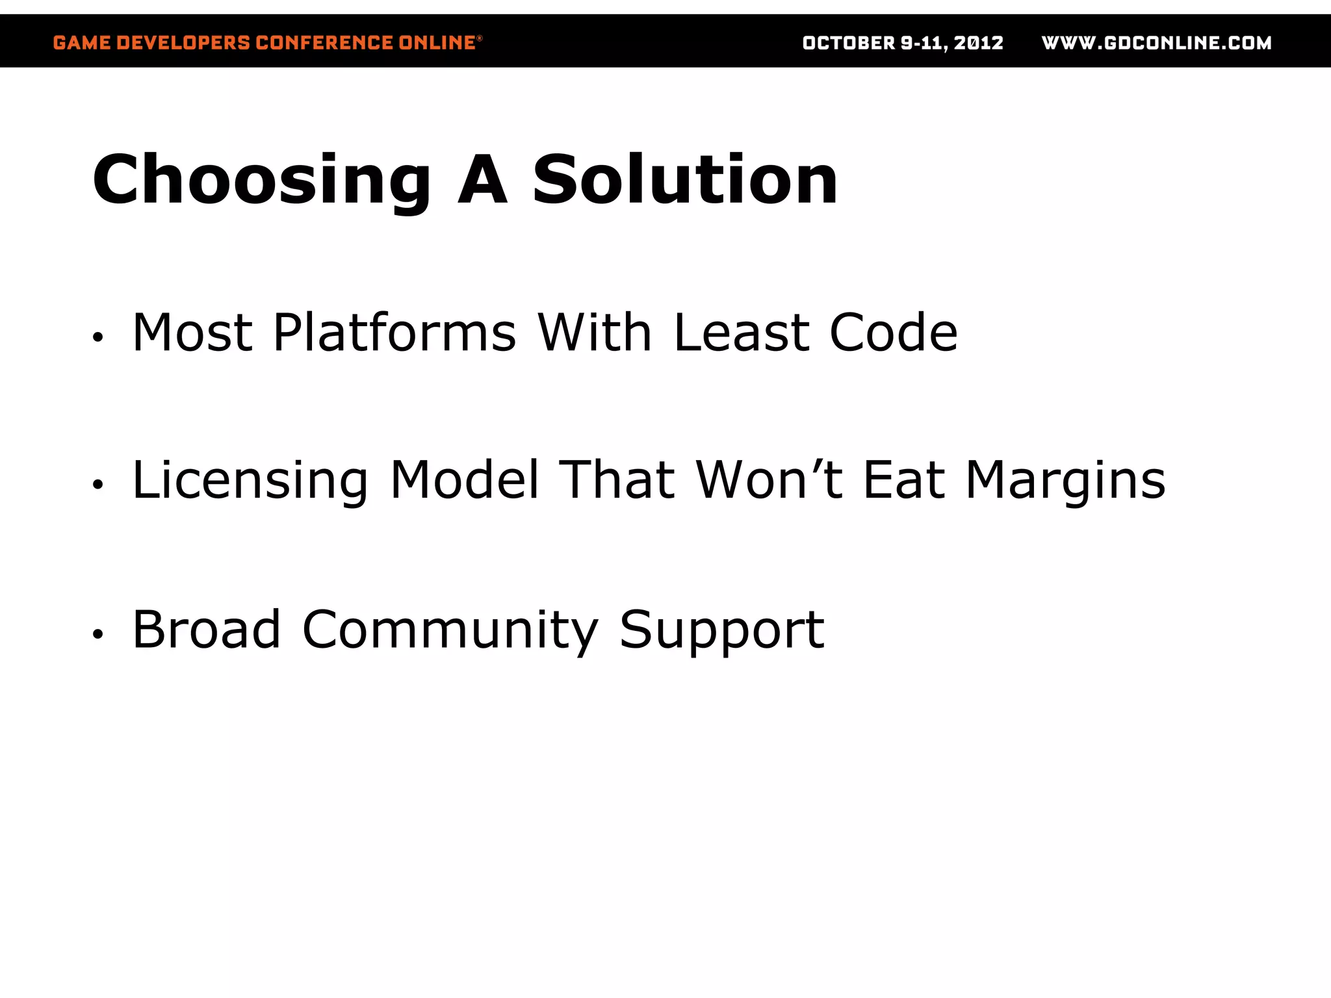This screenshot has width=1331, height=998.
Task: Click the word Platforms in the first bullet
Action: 394,333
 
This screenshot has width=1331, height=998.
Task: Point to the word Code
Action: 893,333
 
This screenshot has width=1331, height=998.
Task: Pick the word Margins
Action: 1066,481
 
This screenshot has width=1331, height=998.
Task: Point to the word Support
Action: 721,630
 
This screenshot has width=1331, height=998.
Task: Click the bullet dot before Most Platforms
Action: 97,337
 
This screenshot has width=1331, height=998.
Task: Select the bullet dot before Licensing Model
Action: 97,485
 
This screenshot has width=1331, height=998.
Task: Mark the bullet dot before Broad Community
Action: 97,633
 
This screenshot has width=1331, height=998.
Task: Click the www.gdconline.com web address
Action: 1156,43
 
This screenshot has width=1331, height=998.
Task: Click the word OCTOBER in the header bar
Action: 849,43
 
